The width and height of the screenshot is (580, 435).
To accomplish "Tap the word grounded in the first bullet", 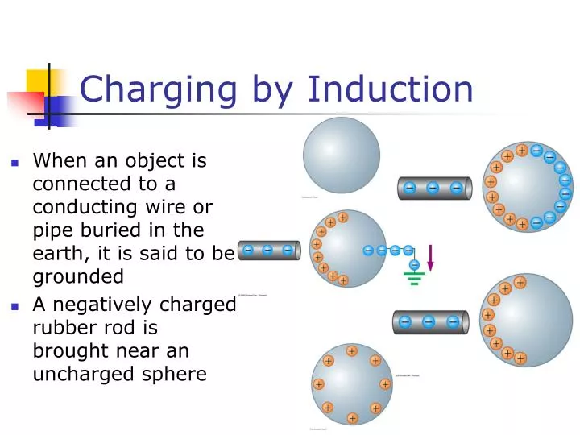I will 78,276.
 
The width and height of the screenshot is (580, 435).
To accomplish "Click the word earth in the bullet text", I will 58,253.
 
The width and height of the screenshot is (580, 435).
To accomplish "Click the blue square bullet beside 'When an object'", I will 14,162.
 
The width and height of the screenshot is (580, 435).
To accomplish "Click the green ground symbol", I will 414,278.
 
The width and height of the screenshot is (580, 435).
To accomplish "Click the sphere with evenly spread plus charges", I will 352,383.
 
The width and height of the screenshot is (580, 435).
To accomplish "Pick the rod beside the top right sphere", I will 433,188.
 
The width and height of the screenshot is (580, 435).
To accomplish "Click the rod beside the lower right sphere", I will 429,322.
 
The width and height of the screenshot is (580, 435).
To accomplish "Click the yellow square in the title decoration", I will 39,82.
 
